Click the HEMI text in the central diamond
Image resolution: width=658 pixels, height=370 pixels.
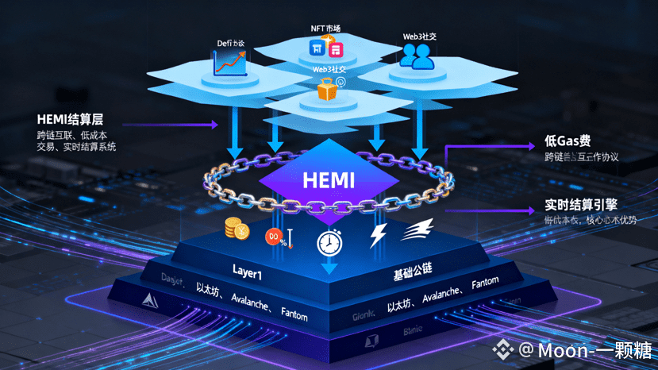[328, 179]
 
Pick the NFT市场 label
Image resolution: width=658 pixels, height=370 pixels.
[325, 29]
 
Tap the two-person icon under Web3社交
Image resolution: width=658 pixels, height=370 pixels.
[416, 54]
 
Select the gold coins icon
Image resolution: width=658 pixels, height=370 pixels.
[236, 229]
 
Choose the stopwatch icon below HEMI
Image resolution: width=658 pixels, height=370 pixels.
[329, 242]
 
